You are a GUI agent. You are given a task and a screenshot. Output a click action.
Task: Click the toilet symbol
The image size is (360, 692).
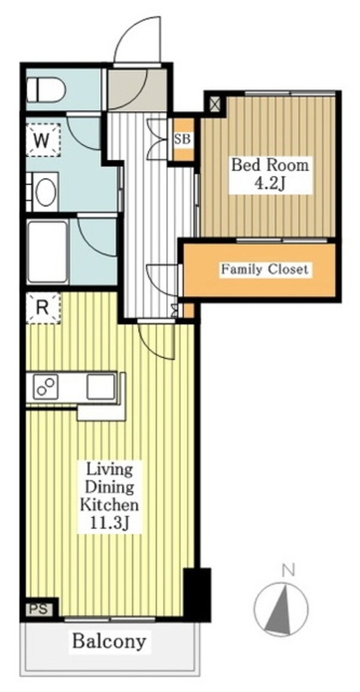pyautogui.click(x=46, y=89)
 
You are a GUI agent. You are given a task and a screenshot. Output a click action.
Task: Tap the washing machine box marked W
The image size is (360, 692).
pyautogui.click(x=43, y=139)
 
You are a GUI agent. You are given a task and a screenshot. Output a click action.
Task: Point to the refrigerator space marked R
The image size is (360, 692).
pyautogui.click(x=43, y=308)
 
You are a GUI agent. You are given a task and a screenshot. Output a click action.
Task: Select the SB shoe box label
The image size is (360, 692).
pyautogui.click(x=182, y=139)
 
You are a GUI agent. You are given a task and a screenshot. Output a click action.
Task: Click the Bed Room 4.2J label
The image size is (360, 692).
pyautogui.click(x=269, y=175)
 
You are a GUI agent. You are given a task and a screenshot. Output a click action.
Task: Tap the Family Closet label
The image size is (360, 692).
pyautogui.click(x=265, y=269)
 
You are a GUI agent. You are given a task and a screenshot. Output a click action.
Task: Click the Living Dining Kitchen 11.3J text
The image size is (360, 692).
pyautogui.click(x=109, y=496)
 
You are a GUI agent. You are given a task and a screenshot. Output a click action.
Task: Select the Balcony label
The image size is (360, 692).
pyautogui.click(x=109, y=641)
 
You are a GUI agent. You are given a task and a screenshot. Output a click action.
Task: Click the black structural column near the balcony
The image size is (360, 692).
pyautogui.click(x=197, y=594)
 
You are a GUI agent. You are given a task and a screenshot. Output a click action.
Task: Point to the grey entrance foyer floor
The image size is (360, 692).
pyautogui.click(x=137, y=89)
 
